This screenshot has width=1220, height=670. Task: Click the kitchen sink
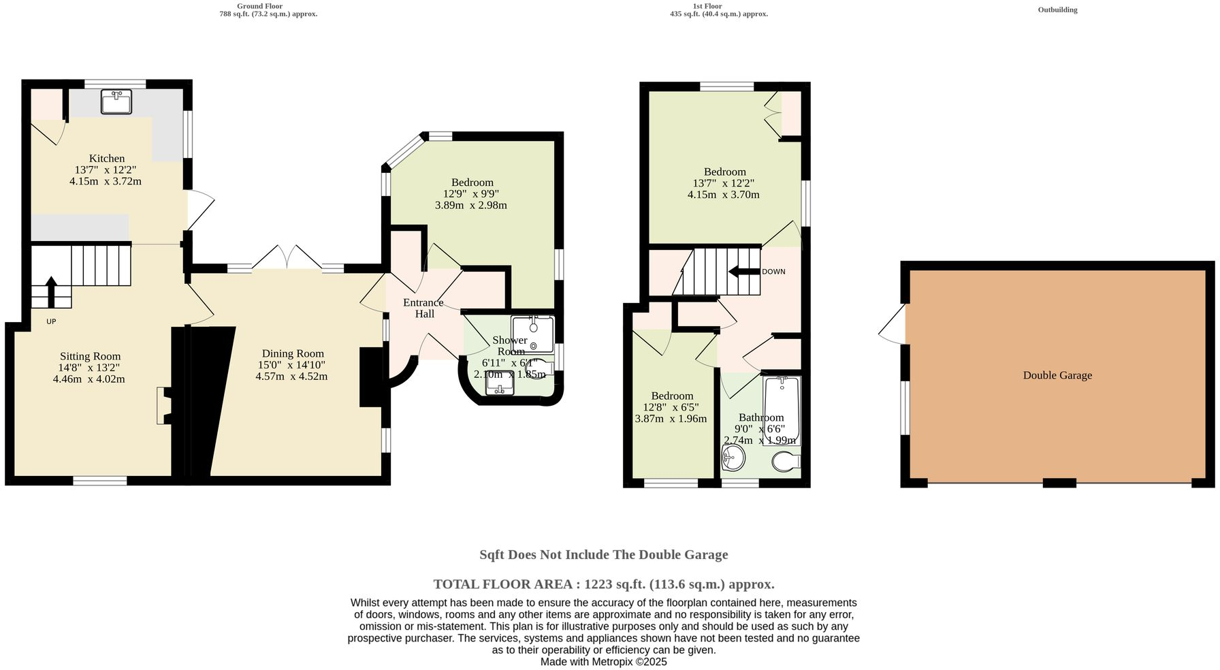(116, 102)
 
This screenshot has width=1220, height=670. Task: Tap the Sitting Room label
(90, 356)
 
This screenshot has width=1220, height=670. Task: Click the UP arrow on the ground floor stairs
(51, 291)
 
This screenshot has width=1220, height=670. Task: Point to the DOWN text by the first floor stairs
(773, 272)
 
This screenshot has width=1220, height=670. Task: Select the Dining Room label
(293, 353)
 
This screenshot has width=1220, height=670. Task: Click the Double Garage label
(1057, 375)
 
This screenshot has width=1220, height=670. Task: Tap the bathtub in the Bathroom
(781, 410)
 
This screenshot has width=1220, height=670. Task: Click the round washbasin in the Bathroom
(733, 457)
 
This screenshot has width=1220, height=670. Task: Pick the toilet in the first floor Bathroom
(786, 462)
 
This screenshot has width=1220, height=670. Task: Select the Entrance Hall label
(423, 308)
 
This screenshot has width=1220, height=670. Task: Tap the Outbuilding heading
(1057, 10)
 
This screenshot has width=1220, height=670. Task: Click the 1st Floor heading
(707, 6)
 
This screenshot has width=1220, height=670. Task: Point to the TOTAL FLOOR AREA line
(603, 584)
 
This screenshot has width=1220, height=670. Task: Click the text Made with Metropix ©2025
(603, 661)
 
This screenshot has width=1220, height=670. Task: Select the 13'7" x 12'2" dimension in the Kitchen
(106, 170)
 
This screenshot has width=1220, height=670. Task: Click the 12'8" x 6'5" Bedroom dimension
(671, 407)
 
